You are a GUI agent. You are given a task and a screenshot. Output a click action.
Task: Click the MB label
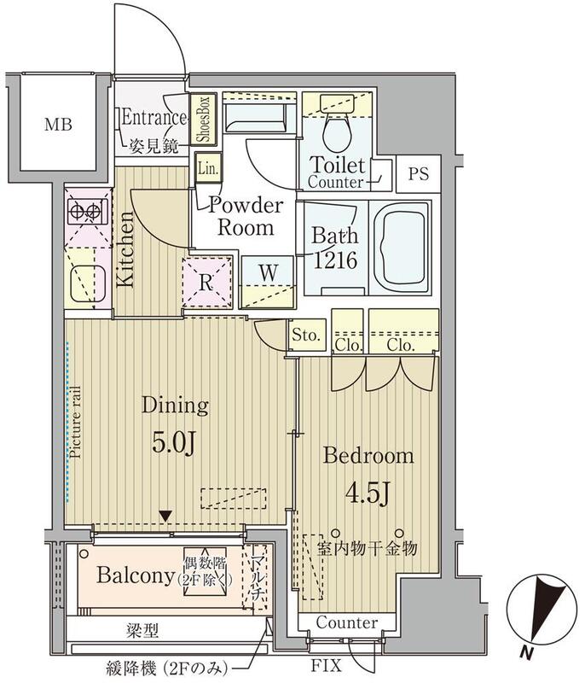point(58,125)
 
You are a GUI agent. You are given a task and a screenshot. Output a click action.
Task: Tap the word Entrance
point(154,118)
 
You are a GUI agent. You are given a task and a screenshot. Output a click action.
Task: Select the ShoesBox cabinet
point(204,119)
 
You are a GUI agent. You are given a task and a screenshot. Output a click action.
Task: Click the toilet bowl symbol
point(337,131)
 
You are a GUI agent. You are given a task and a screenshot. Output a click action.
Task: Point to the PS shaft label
point(418,174)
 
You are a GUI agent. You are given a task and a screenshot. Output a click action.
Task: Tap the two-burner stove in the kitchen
point(88,212)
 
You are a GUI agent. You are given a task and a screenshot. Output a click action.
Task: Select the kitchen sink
point(88,283)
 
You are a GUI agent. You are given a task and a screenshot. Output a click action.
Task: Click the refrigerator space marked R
point(206,282)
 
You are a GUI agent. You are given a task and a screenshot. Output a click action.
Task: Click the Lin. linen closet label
point(208,168)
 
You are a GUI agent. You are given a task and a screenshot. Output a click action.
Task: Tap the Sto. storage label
point(306,335)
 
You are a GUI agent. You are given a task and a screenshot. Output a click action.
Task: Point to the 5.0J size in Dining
point(173,442)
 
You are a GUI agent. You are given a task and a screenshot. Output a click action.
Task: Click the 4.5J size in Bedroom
point(367,493)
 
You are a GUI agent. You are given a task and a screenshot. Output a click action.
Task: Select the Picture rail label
point(76,422)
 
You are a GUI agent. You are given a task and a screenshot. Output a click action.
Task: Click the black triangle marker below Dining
point(165,517)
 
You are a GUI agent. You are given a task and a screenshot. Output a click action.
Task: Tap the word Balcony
point(136,575)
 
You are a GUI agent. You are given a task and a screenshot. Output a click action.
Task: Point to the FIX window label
point(327,666)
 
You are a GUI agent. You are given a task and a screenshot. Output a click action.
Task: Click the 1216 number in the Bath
point(335,260)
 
